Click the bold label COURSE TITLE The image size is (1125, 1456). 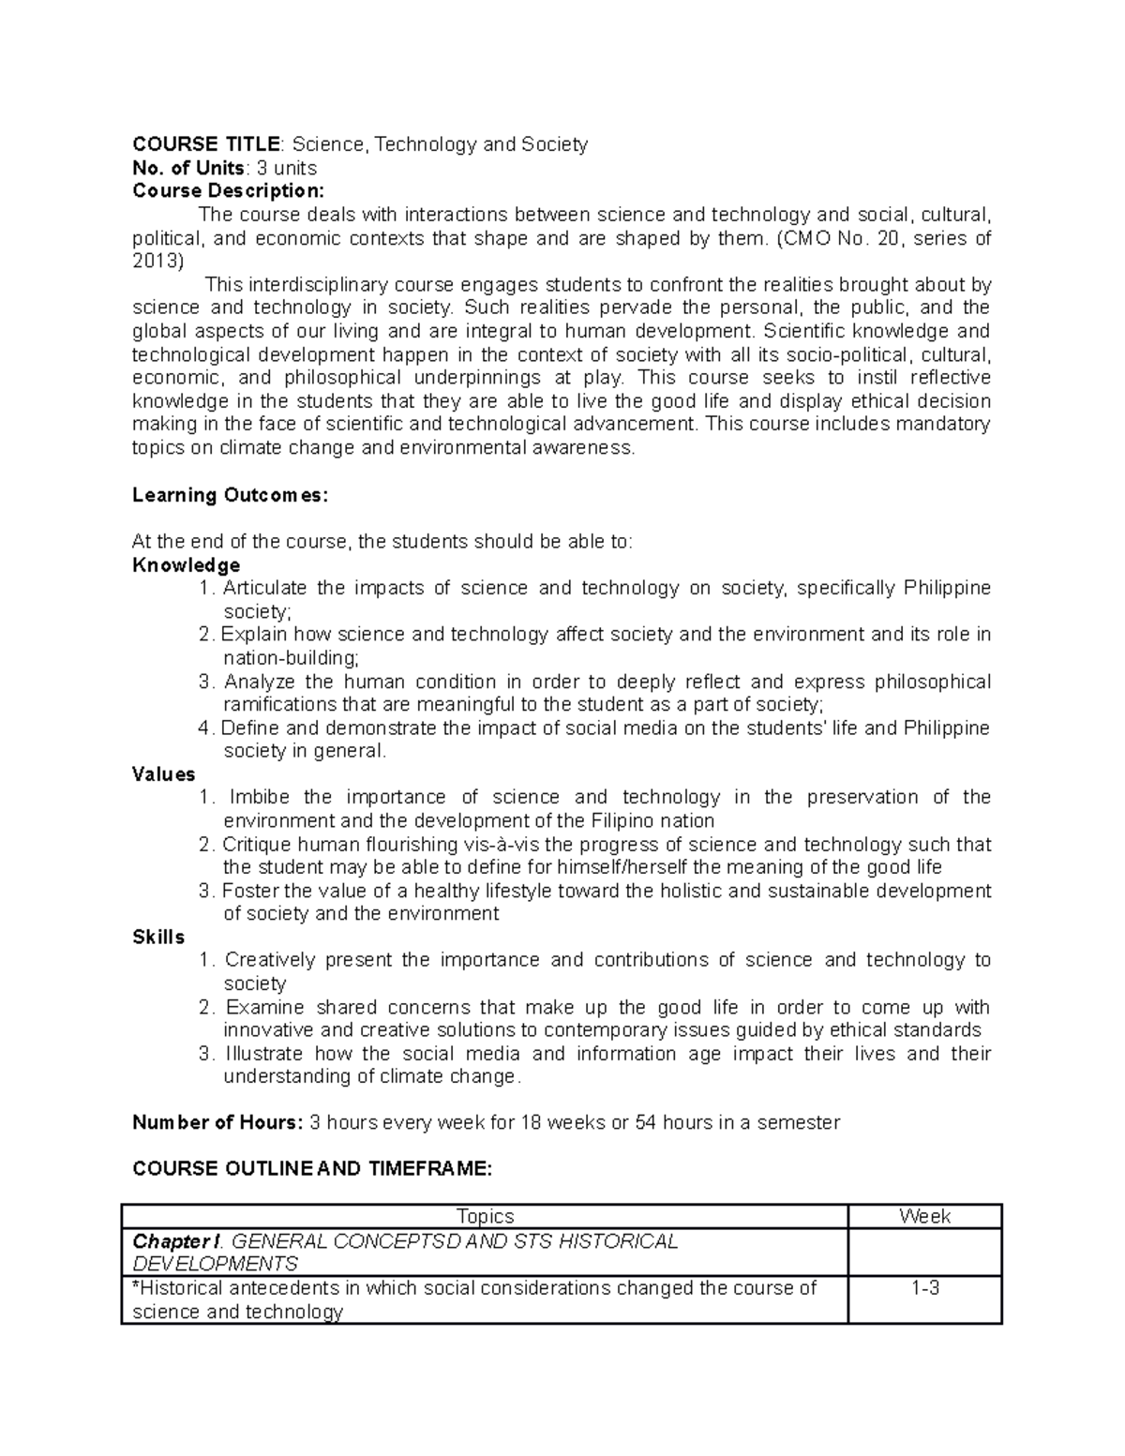pyautogui.click(x=205, y=144)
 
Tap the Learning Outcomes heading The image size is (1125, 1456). pyautogui.click(x=230, y=495)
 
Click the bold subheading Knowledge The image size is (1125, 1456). pyautogui.click(x=186, y=565)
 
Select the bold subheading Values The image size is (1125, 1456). pyautogui.click(x=163, y=774)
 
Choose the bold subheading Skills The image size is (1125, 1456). pyautogui.click(x=158, y=938)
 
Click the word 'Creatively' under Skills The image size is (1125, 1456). pyautogui.click(x=268, y=960)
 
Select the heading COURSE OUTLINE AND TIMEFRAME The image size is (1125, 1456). pyautogui.click(x=311, y=1169)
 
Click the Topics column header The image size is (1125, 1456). pyautogui.click(x=485, y=1216)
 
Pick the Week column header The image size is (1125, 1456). pyautogui.click(x=924, y=1216)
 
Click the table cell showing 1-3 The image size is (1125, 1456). pyautogui.click(x=924, y=1288)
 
